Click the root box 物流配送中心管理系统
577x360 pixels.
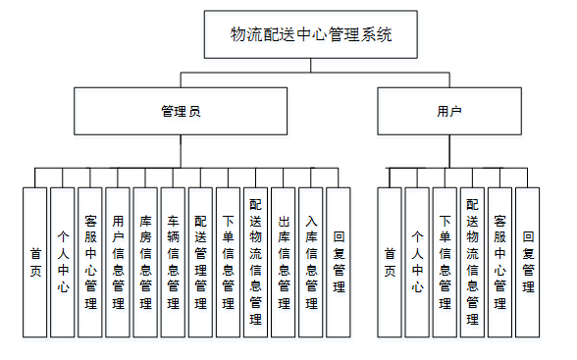[311, 35]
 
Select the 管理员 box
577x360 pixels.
[181, 111]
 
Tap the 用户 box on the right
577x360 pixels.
[448, 111]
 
